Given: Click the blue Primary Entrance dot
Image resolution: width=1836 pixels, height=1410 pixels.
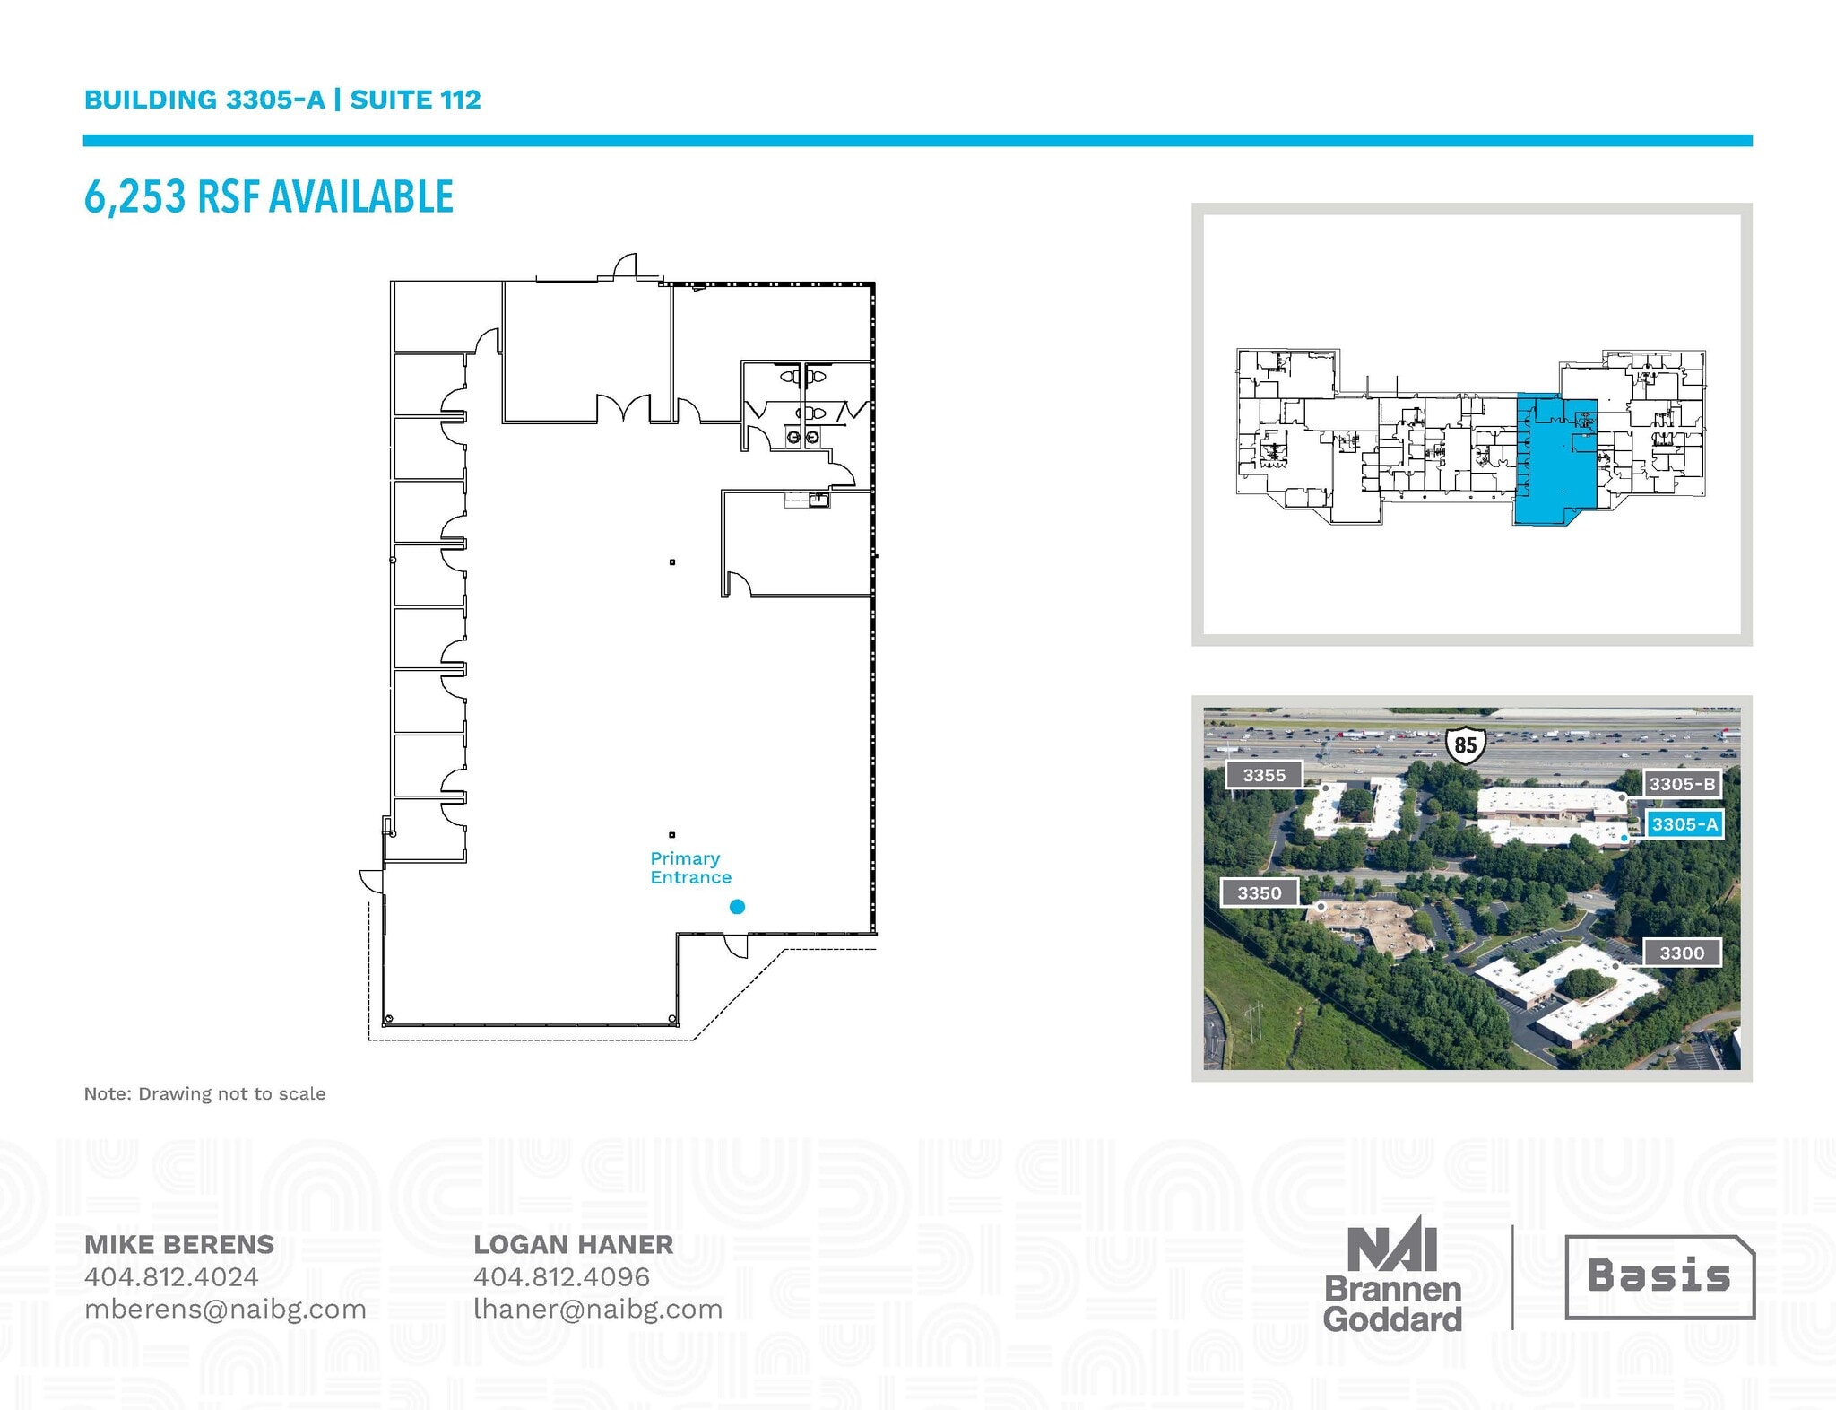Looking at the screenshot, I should point(737,907).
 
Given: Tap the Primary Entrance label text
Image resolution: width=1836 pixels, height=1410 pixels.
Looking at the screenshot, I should point(690,868).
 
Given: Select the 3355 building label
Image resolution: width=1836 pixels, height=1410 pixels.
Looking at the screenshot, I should point(1264,775).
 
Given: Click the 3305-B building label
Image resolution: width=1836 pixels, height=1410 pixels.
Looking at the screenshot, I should point(1682,784).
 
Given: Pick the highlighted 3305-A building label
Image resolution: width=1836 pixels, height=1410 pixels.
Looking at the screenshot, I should point(1684,824).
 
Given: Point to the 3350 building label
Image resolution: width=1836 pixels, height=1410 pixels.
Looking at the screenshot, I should point(1260,892).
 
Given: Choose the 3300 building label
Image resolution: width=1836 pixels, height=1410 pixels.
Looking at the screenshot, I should point(1681,953).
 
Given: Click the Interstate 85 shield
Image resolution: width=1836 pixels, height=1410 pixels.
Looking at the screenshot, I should point(1465,744).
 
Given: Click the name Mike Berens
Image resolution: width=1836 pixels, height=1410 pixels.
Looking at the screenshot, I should point(179,1244).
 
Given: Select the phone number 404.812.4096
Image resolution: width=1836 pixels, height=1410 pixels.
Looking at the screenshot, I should point(561,1276).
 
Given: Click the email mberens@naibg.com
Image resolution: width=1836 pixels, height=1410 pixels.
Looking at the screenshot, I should point(225,1309).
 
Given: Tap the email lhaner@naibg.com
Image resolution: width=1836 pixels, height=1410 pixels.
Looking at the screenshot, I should point(598,1309).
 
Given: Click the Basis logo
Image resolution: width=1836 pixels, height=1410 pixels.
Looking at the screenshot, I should point(1659,1276).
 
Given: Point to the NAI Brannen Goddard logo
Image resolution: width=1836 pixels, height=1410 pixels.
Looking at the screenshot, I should point(1392,1276).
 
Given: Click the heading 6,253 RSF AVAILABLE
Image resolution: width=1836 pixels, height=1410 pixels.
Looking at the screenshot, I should point(269,196).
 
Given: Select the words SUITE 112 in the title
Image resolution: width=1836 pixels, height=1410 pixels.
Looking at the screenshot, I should point(415,100).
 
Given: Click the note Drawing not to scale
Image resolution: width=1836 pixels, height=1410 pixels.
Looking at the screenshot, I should point(204,1093).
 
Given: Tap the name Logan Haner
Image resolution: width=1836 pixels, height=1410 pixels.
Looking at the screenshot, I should point(573,1244).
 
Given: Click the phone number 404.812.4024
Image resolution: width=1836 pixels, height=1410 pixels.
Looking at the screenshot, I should point(171,1276).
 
